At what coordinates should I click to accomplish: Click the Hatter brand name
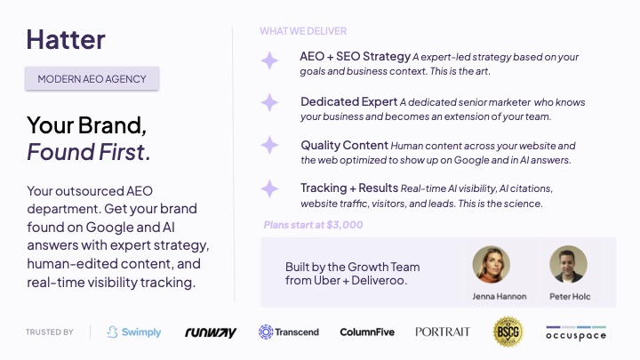click(x=66, y=40)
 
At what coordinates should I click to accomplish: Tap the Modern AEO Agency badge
click(x=92, y=78)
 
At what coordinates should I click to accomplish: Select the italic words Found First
click(x=89, y=152)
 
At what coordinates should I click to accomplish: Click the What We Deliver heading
click(x=303, y=31)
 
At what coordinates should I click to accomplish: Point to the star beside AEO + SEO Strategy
click(x=269, y=60)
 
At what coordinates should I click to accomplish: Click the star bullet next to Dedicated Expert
click(x=269, y=102)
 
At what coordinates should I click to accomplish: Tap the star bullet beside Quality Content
click(x=269, y=145)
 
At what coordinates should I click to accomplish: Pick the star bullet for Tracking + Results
click(x=269, y=189)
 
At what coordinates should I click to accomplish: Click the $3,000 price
click(x=345, y=225)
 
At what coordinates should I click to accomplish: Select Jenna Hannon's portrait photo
click(x=491, y=265)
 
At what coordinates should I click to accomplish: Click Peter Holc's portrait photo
click(x=568, y=265)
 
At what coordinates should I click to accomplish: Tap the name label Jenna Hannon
click(x=500, y=296)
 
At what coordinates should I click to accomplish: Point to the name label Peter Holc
click(x=570, y=296)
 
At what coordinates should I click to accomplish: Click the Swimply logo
click(x=134, y=332)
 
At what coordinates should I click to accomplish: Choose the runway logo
click(x=211, y=332)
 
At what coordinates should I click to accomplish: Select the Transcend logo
click(x=289, y=332)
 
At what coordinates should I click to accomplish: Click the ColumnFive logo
click(x=367, y=332)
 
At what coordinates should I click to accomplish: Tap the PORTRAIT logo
click(x=443, y=332)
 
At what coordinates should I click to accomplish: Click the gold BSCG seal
click(x=508, y=332)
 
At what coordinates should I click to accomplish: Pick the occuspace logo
click(x=576, y=333)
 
